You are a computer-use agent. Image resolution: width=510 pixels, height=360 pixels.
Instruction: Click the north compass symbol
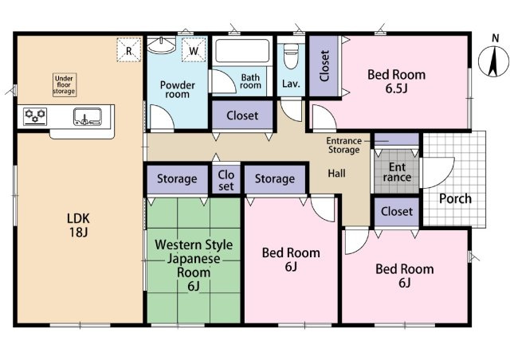coord(494,61)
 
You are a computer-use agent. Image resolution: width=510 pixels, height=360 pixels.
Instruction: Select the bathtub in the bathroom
coord(242,51)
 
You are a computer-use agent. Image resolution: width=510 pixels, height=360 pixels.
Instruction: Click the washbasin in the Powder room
coord(161,45)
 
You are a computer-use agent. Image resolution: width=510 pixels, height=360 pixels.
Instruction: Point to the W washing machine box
coord(194,49)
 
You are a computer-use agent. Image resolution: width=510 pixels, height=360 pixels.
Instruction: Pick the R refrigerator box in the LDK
coord(129,49)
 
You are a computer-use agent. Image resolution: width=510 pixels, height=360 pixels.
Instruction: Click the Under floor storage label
coord(65,85)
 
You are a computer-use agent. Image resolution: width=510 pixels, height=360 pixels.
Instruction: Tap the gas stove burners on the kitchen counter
coord(35,116)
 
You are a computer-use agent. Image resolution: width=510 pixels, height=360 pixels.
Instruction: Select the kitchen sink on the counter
coord(87,117)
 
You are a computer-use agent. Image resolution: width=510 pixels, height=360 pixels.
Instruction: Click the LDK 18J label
coord(78,225)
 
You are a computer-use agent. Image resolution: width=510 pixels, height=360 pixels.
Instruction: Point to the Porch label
coord(455,198)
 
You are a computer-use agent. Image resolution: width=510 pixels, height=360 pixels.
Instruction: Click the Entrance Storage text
coord(343,145)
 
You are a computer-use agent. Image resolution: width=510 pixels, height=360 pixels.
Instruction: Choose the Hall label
coord(336,174)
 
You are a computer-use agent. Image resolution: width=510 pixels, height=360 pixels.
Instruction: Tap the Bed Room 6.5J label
coord(397,81)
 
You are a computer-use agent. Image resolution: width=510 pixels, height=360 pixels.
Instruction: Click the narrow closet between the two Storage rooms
coord(226,180)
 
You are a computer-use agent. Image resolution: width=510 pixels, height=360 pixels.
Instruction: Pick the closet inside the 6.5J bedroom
coord(324,66)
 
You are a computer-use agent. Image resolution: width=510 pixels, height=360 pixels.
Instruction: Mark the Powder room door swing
coord(162,117)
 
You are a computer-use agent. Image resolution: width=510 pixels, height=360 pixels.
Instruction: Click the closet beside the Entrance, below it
coord(397,212)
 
